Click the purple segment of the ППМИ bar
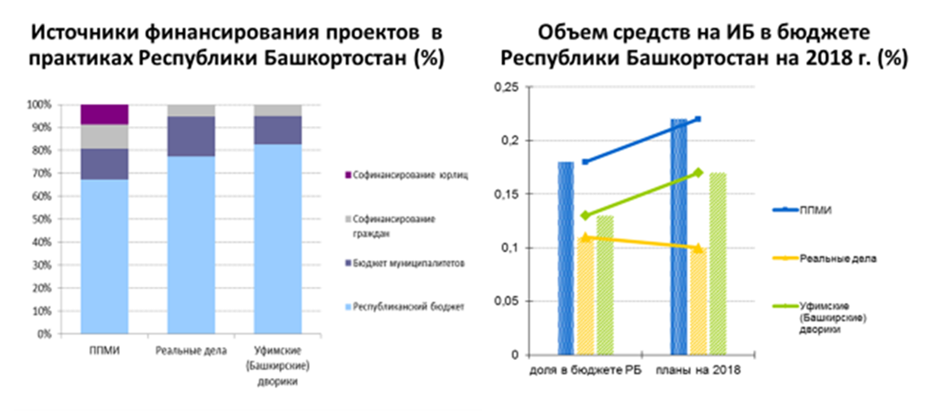[105, 115]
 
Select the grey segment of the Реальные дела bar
[191, 111]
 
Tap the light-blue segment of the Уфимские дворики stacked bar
[277, 239]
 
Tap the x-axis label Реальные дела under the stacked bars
[191, 351]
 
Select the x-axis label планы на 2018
[697, 370]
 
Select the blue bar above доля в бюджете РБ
[566, 259]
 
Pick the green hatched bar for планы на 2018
[717, 264]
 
